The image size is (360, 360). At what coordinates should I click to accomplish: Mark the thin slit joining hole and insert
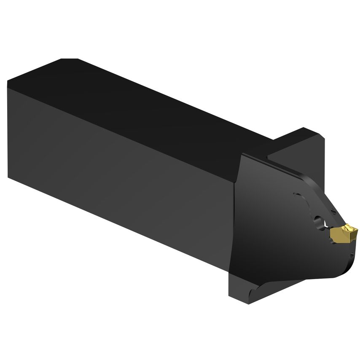(326, 227)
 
